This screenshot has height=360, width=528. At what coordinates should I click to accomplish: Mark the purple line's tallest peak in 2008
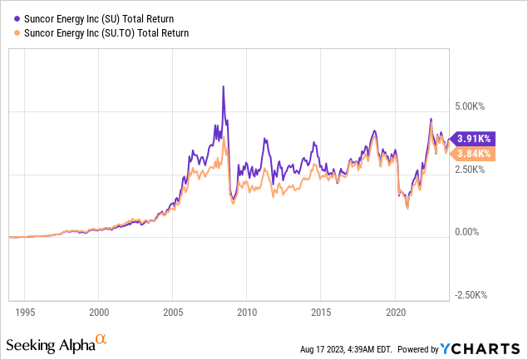223,86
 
